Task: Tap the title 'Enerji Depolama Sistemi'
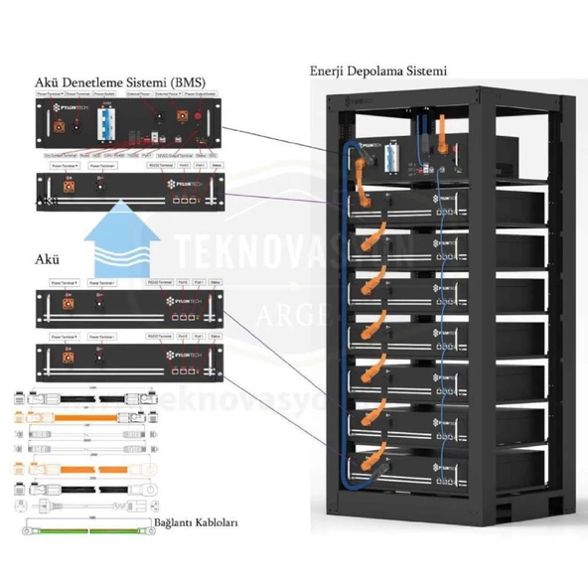pyautogui.click(x=379, y=72)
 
